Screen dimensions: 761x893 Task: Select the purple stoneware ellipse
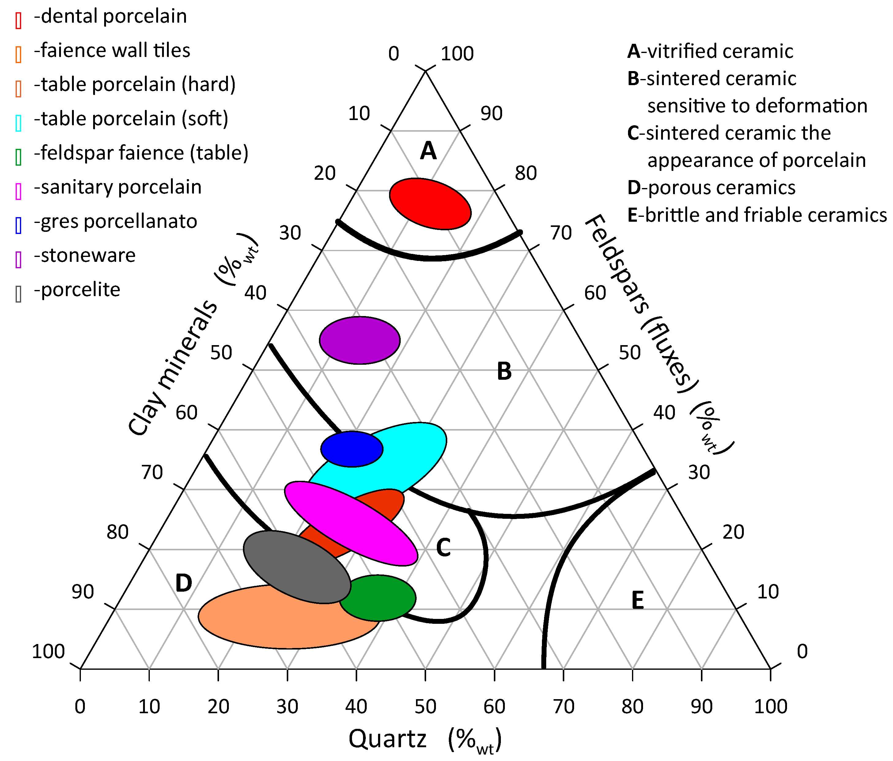point(359,341)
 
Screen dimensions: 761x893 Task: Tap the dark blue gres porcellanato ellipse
point(352,449)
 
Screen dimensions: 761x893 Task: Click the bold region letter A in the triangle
point(428,151)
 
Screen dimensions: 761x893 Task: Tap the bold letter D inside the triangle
point(184,583)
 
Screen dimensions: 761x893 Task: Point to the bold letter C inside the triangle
point(443,548)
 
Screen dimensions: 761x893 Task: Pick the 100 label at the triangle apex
point(457,54)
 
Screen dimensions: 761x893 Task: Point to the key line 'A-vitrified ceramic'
point(710,51)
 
